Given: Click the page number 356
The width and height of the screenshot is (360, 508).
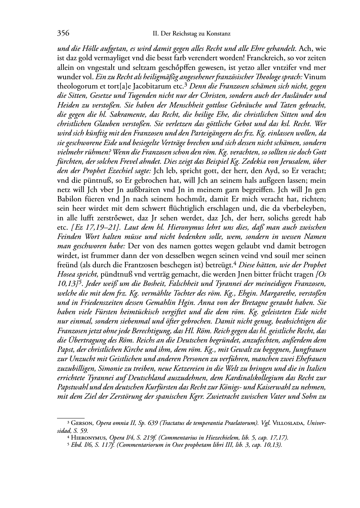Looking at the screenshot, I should [63, 34].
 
